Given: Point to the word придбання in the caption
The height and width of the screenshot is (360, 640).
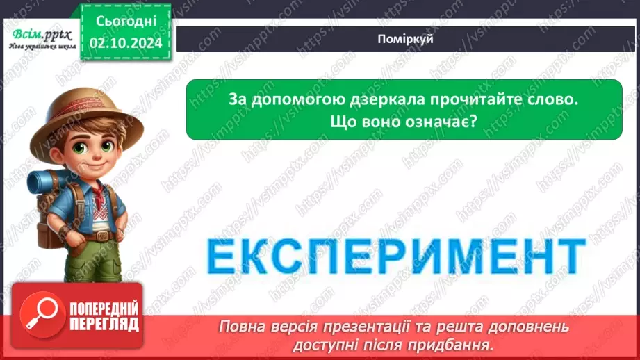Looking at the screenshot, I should (x=462, y=343).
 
